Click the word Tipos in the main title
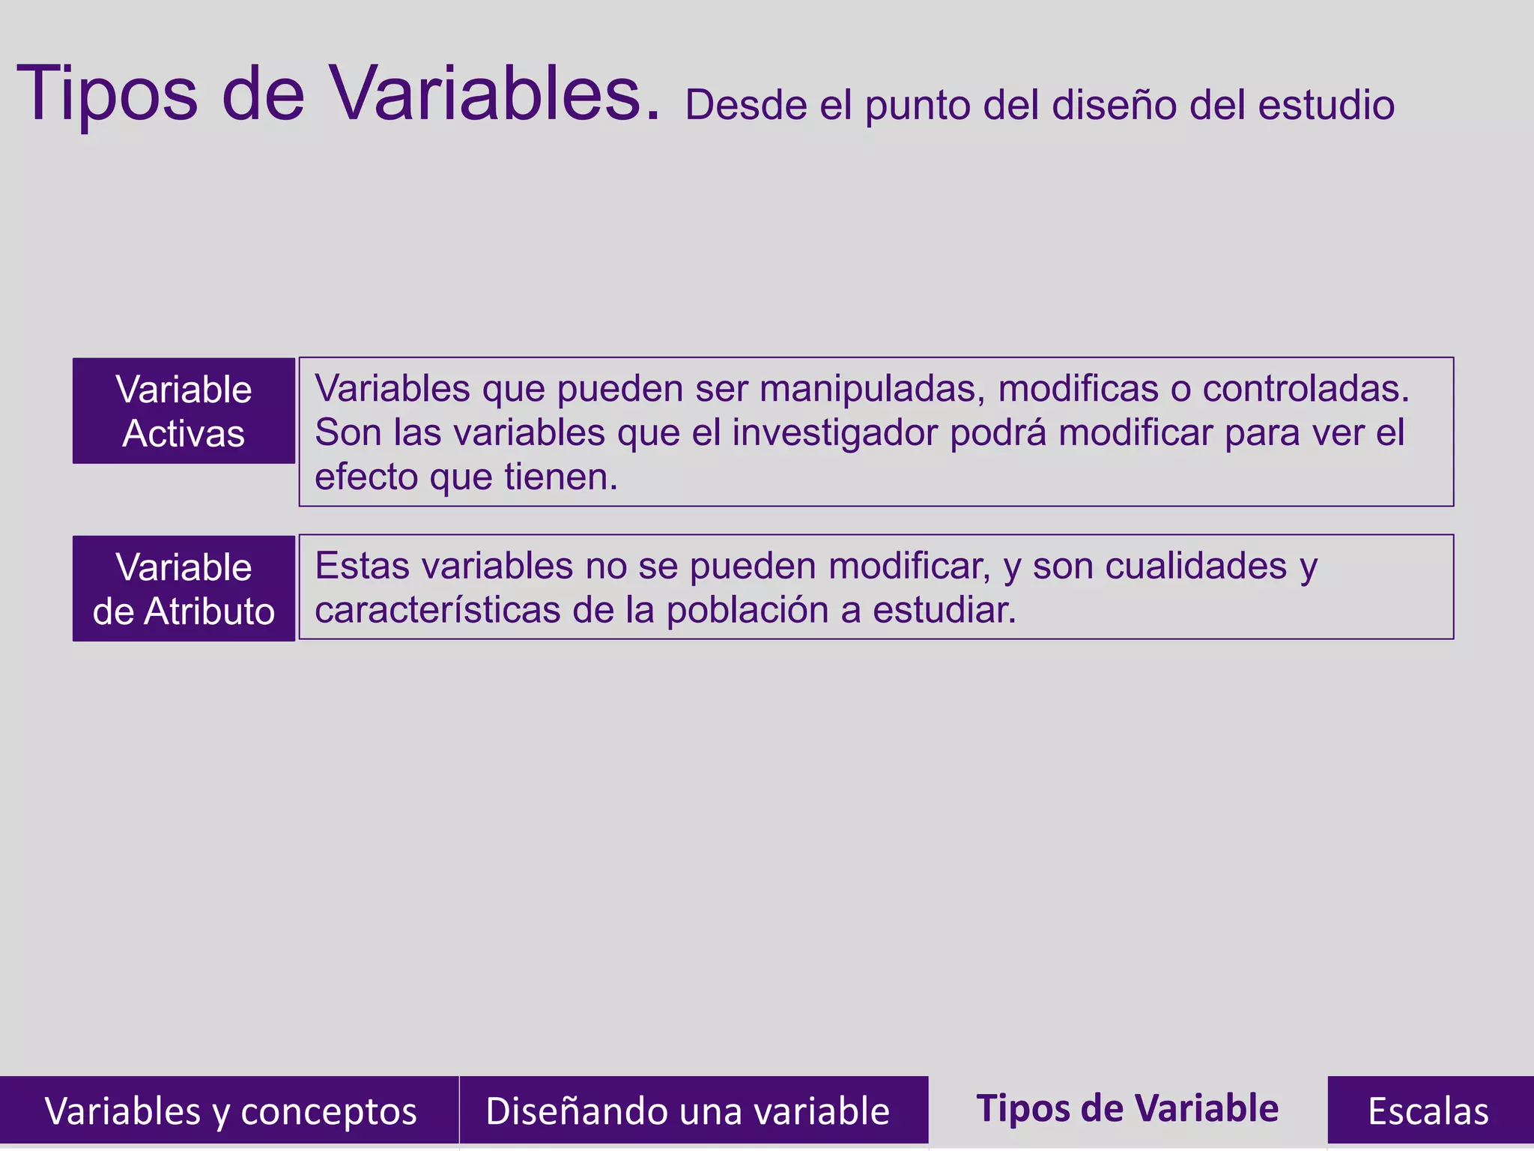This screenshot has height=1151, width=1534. click(x=107, y=94)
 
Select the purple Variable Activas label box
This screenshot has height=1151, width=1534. click(x=184, y=411)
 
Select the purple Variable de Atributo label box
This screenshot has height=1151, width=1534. click(x=184, y=588)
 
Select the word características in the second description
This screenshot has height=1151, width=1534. click(x=437, y=611)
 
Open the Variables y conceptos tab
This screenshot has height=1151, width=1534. click(x=229, y=1111)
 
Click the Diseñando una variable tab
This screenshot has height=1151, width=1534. click(x=688, y=1111)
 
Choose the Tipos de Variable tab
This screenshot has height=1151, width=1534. click(x=1127, y=1109)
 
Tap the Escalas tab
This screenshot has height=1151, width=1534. click(x=1428, y=1111)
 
